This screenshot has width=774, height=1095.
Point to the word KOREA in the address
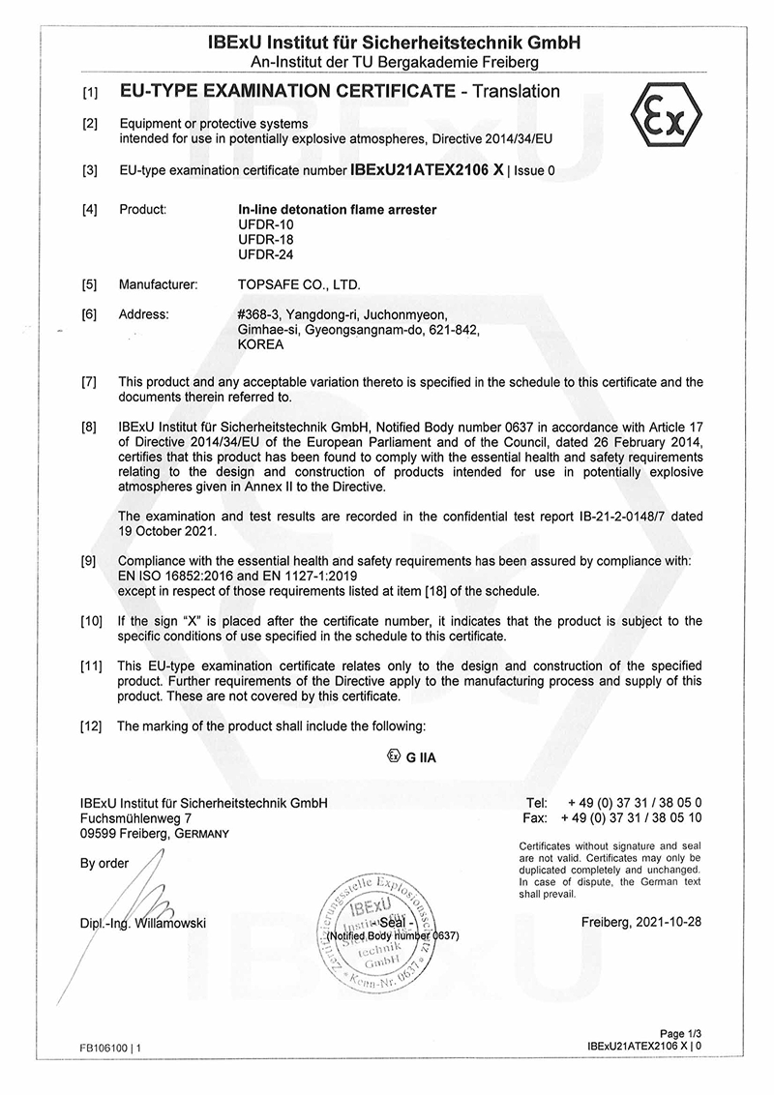260,343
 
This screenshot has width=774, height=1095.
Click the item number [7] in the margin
90,383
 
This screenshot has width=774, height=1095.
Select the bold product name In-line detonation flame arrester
338,209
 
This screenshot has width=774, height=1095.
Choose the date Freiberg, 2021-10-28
641,922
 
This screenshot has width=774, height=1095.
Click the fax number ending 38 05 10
635,817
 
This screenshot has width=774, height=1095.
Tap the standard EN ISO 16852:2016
178,575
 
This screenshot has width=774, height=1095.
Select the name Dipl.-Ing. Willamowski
143,923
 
